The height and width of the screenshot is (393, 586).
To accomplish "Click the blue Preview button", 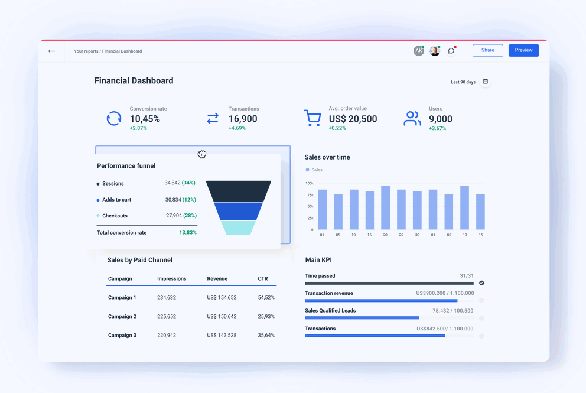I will [523, 50].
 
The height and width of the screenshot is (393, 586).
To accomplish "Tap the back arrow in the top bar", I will [52, 51].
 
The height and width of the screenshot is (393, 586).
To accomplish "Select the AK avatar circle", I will [418, 51].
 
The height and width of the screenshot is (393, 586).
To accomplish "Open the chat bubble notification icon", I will [451, 51].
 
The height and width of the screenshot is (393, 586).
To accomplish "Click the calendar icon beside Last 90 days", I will [486, 82].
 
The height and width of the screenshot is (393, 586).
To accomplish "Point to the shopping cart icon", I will [312, 118].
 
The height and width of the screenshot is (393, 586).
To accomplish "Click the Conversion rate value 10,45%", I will [145, 119].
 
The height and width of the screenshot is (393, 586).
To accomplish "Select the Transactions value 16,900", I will [243, 119].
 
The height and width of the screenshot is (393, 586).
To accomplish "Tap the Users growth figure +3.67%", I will [438, 128].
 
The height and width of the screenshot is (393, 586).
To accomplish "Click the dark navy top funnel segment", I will [239, 191].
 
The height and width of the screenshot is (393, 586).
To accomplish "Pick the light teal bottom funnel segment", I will [239, 228].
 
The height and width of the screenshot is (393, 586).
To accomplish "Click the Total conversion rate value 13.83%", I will [188, 233].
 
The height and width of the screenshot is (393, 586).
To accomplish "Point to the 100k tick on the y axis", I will [310, 183].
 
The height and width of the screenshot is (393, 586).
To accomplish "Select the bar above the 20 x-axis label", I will [385, 208].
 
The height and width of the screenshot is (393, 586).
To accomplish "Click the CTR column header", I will [263, 278].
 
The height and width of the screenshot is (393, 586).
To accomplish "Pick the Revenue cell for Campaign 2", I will [222, 317].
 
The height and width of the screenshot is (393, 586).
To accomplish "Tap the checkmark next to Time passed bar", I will [481, 283].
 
